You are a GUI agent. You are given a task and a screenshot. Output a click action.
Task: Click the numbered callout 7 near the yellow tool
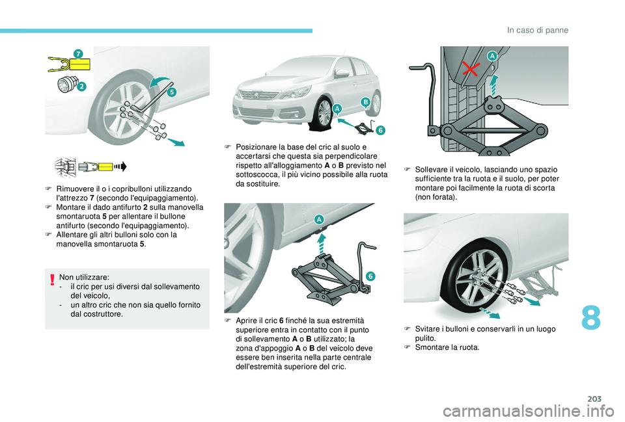click(x=79, y=54)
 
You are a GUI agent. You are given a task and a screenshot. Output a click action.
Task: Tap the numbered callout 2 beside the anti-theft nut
click(x=81, y=86)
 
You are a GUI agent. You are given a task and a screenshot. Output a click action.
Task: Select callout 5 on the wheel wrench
click(x=171, y=92)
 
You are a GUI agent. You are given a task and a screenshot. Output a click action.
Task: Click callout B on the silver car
click(x=365, y=102)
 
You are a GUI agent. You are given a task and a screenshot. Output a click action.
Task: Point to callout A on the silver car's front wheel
click(x=337, y=109)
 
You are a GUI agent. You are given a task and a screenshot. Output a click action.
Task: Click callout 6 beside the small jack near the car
click(x=381, y=130)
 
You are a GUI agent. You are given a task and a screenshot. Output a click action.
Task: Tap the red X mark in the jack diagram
click(x=470, y=69)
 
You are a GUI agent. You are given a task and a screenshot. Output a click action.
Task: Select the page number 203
click(x=594, y=399)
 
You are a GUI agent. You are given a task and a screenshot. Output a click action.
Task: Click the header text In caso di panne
click(x=538, y=31)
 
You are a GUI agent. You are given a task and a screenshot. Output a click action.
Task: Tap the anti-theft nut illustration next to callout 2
click(x=66, y=84)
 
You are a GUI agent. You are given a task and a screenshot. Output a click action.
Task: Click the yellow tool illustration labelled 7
click(x=70, y=64)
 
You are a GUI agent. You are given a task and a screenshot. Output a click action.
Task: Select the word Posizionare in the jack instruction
click(x=257, y=147)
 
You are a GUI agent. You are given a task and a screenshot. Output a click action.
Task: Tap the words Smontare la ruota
click(x=447, y=347)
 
